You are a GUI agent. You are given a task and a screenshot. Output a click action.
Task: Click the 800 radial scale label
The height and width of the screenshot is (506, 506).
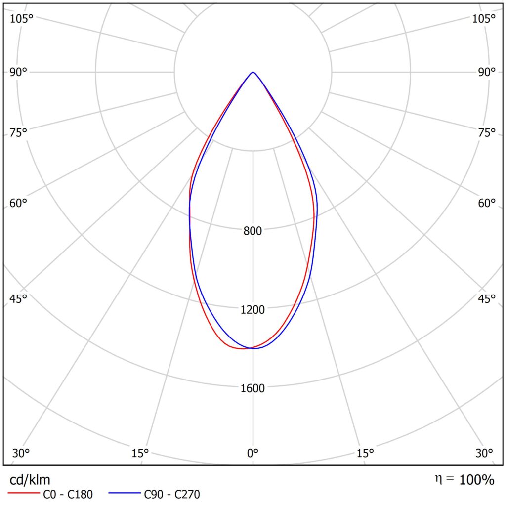[x=253, y=231]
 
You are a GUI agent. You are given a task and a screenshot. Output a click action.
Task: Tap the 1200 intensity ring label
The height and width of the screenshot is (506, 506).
[x=253, y=310]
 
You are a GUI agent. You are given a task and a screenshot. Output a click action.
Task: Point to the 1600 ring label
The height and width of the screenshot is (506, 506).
[x=253, y=388]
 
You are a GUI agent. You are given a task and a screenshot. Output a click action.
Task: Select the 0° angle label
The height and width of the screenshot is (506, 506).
[x=253, y=453]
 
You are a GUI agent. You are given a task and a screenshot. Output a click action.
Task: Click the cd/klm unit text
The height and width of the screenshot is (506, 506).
[x=30, y=479]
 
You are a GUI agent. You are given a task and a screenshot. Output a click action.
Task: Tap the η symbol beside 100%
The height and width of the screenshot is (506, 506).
[x=438, y=479]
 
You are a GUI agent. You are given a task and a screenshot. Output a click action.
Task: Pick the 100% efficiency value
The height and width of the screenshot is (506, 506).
[x=476, y=479]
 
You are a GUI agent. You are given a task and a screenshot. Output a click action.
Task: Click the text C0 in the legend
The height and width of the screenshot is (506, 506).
[x=50, y=494]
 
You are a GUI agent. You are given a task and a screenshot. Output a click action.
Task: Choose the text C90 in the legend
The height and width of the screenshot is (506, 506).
[x=154, y=494]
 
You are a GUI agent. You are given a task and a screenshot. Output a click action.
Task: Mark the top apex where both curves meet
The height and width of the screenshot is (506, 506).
[x=253, y=72]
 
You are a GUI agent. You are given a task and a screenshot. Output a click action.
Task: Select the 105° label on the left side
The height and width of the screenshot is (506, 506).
[x=21, y=19]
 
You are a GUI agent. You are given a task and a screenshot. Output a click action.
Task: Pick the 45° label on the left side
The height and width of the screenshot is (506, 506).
[x=18, y=299]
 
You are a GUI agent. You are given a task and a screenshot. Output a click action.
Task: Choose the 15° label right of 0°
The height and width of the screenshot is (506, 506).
[x=365, y=453]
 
